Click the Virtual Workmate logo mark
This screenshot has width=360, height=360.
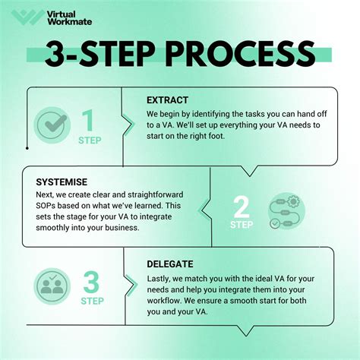coord(27,17)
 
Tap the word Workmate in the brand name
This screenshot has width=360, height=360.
coord(69,21)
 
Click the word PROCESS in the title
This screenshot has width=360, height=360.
coord(241,54)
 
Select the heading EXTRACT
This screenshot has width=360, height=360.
coord(167,100)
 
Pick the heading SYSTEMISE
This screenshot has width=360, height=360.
coord(62,182)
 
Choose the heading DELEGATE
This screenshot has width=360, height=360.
coord(170,264)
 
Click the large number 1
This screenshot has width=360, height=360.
coord(88,121)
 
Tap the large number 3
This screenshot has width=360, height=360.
coord(91,282)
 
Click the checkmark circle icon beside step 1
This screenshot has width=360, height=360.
coord(52,125)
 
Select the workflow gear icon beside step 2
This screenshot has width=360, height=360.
coord(286,211)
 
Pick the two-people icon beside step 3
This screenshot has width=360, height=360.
coord(52,286)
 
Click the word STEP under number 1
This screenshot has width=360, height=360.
coord(90,141)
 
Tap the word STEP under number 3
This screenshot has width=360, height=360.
coord(92,301)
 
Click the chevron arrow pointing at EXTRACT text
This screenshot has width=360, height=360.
coord(129,125)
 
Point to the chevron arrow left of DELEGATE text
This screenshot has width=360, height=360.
coord(131,286)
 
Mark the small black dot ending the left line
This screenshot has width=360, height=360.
coord(27,148)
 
